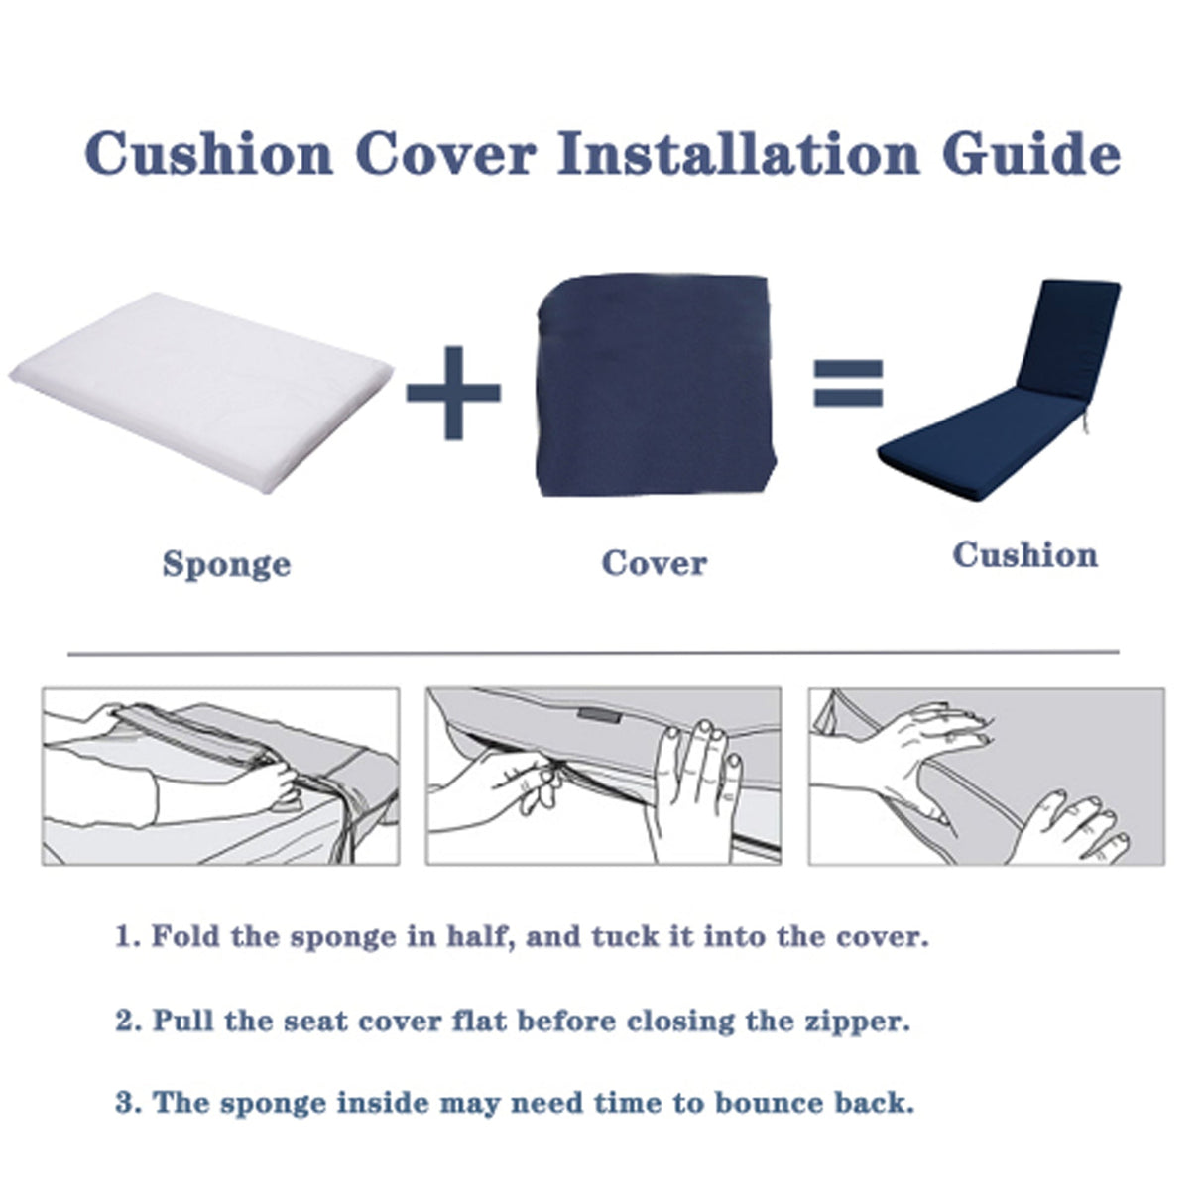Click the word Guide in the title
pyautogui.click(x=1030, y=155)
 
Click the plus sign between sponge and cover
pyautogui.click(x=453, y=392)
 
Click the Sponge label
pyautogui.click(x=226, y=564)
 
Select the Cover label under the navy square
pyautogui.click(x=654, y=563)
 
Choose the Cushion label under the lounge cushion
pyautogui.click(x=1024, y=554)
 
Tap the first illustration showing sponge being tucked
pyautogui.click(x=220, y=777)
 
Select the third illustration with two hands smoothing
pyautogui.click(x=986, y=777)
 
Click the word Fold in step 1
pyautogui.click(x=185, y=936)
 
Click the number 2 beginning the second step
pyautogui.click(x=123, y=1022)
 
